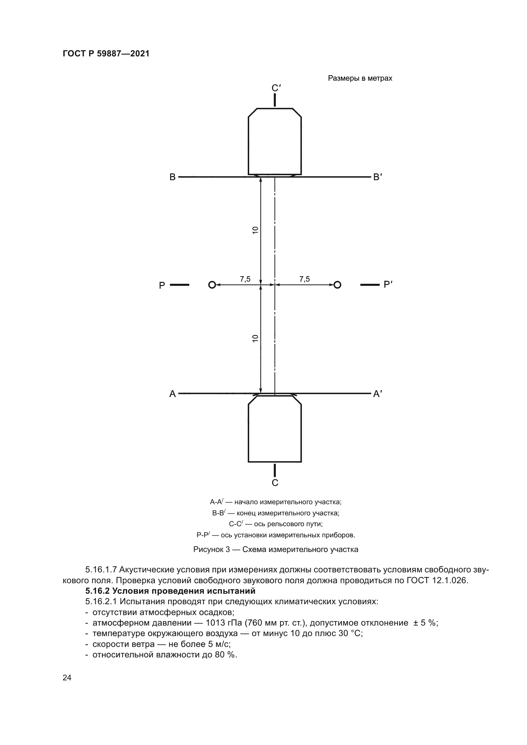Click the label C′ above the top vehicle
tap(276, 88)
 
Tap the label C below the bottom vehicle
tap(275, 483)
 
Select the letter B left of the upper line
tap(173, 177)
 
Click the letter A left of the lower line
tap(173, 394)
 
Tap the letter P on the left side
tap(162, 285)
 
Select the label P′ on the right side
tap(388, 284)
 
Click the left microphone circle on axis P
tap(212, 285)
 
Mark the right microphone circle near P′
tap(337, 285)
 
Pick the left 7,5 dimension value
tap(245, 279)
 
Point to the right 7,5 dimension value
tap(305, 279)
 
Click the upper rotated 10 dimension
tap(256, 230)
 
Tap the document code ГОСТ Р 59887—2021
tap(106, 54)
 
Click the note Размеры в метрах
tap(360, 78)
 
